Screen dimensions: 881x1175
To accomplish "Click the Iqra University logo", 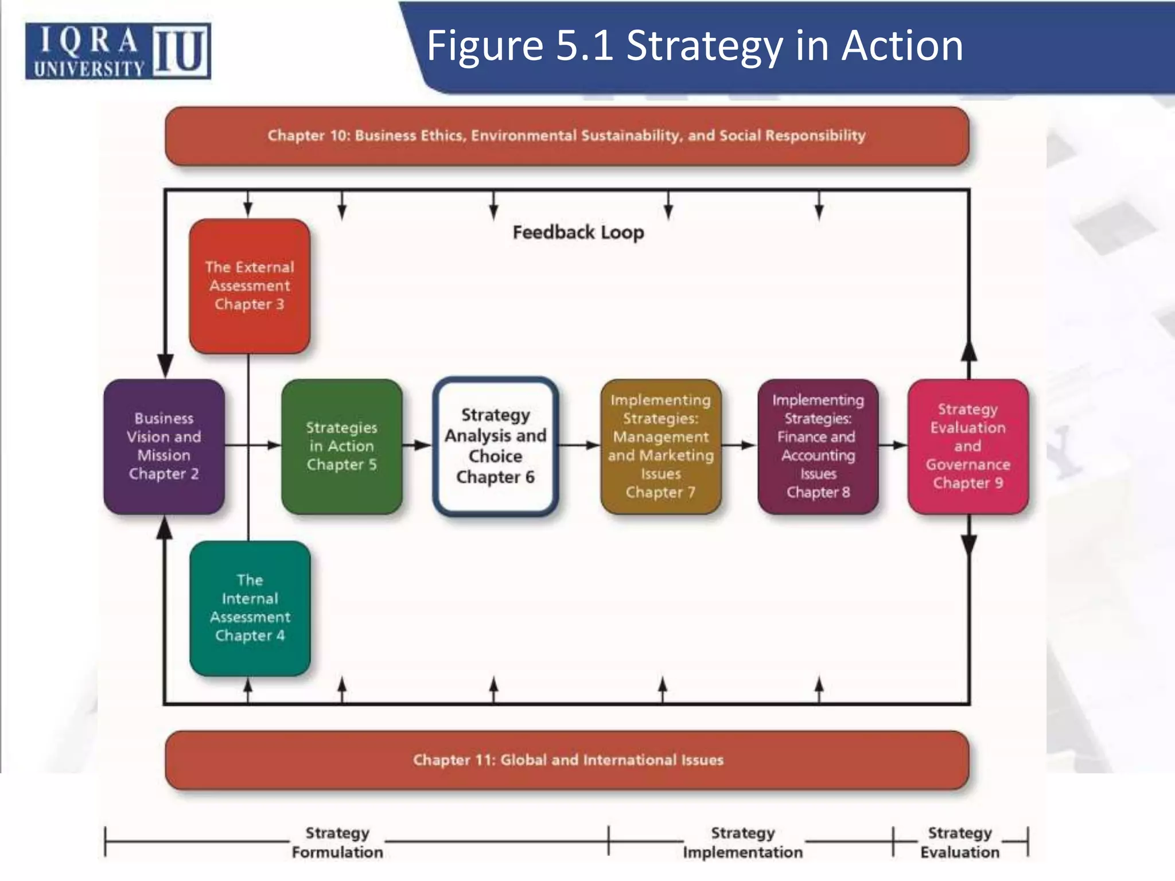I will coord(118,51).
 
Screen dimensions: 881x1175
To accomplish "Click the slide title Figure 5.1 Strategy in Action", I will coord(694,46).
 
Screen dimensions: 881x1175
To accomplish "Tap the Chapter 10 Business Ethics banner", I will coord(566,136).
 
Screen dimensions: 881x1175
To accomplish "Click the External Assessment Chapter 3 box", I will coord(250,286).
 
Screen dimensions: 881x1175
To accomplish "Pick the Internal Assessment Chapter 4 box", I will coord(250,608).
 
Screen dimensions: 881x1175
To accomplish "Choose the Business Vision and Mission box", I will coord(164,446).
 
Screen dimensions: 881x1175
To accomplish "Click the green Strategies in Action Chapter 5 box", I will coord(341,446).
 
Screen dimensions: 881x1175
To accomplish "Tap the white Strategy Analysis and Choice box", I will coord(495,446).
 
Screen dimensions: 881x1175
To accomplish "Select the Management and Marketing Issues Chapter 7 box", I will coord(660,446).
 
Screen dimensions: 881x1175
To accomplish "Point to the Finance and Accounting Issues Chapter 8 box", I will coord(818,446).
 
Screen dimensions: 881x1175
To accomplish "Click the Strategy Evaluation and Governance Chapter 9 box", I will coord(968,446).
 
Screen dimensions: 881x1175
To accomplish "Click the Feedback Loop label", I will coord(578,232).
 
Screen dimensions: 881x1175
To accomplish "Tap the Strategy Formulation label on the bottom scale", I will coord(337,842).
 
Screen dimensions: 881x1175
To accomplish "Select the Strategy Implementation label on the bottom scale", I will coord(742,842).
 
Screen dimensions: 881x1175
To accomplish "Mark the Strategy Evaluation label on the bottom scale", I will coord(960,842).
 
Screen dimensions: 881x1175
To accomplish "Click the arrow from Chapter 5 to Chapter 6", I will coord(418,445).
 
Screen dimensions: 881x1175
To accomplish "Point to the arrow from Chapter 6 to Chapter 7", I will coord(579,445).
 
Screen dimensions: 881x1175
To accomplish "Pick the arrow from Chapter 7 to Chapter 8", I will coord(740,445).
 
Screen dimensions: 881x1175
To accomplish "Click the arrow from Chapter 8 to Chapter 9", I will coord(893,445).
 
